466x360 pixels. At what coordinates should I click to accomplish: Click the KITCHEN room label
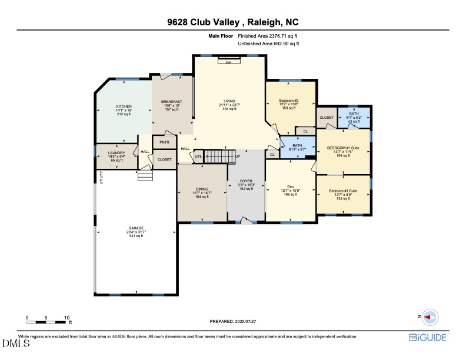coord(123,106)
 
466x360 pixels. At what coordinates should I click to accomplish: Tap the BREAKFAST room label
coord(172,101)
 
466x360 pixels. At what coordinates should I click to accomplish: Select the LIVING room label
coord(229,101)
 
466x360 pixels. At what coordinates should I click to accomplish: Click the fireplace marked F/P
coord(228,61)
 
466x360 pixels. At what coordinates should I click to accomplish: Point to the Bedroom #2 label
coord(289,101)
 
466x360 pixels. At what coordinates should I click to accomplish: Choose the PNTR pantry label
coord(164,142)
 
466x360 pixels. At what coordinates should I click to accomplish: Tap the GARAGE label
coord(136,228)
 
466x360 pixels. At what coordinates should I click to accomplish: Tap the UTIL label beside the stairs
coord(198,156)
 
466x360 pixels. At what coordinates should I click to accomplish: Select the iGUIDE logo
coord(428,337)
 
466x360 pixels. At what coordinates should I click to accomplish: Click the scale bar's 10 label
coord(67,317)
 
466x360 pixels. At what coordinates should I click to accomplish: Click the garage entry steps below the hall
coord(145,176)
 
